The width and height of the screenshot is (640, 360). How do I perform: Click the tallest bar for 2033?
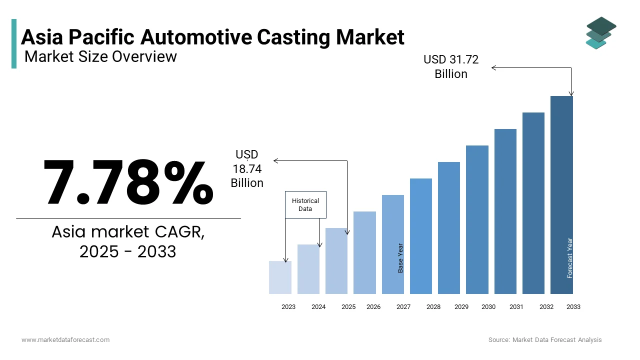pyautogui.click(x=561, y=195)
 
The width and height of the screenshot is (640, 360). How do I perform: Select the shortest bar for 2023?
pyautogui.click(x=280, y=277)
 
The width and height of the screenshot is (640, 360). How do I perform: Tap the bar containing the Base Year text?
pyautogui.click(x=392, y=244)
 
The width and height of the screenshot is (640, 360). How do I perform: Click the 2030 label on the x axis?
pyautogui.click(x=488, y=307)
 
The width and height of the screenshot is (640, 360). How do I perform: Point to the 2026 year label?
pyautogui.click(x=373, y=307)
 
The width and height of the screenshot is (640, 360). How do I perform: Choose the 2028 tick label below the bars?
pyautogui.click(x=433, y=307)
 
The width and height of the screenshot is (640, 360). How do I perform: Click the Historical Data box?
pyautogui.click(x=305, y=204)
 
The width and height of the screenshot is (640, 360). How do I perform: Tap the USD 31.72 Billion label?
pyautogui.click(x=451, y=66)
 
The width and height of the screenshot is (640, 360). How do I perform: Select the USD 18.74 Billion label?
pyautogui.click(x=247, y=169)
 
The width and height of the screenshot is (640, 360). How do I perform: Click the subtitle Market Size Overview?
pyautogui.click(x=100, y=56)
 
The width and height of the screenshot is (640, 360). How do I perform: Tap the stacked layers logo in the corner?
pyautogui.click(x=601, y=33)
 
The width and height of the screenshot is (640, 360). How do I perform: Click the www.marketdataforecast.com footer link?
pyautogui.click(x=65, y=340)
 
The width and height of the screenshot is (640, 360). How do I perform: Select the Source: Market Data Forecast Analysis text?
pyautogui.click(x=545, y=340)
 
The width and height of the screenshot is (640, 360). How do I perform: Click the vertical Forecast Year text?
pyautogui.click(x=570, y=258)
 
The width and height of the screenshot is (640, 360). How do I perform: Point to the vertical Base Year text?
pyautogui.click(x=400, y=258)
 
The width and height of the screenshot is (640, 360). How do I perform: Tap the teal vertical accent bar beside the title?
pyautogui.click(x=14, y=43)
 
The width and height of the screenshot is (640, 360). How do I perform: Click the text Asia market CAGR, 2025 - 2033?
pyautogui.click(x=128, y=241)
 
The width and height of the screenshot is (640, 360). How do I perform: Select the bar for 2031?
pyautogui.click(x=505, y=211)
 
